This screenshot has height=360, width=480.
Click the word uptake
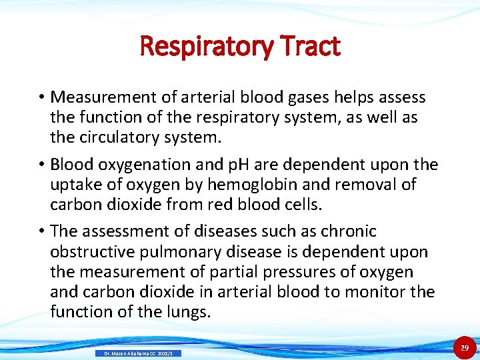pyautogui.click(x=75, y=184)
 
